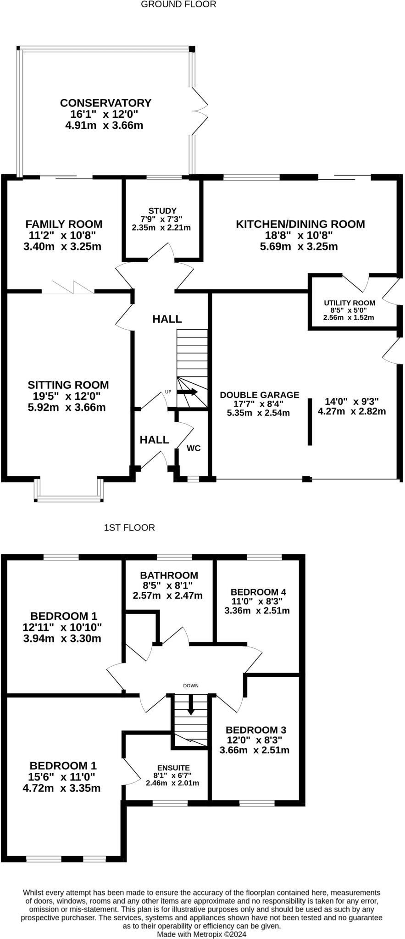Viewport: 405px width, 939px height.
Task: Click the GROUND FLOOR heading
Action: click(x=178, y=5)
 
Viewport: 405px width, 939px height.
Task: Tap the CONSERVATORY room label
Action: click(x=105, y=103)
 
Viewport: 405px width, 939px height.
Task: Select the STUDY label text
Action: click(x=162, y=211)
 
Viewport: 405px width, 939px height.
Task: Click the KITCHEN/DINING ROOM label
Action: click(x=300, y=224)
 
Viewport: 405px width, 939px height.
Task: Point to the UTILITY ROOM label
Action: click(x=350, y=303)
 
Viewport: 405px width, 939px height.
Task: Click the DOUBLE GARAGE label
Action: click(x=260, y=395)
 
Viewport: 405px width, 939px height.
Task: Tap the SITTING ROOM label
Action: click(x=68, y=385)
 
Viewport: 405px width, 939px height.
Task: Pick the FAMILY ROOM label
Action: click(x=64, y=224)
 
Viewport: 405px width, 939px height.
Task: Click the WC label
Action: click(x=194, y=448)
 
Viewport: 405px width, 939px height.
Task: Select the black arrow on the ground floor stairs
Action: click(x=187, y=392)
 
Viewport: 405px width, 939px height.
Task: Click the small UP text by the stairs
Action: click(x=168, y=392)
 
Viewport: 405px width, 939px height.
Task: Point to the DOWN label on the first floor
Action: click(x=191, y=686)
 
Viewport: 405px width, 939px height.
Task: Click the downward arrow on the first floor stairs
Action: click(x=190, y=705)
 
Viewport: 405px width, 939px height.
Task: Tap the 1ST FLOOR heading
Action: click(x=129, y=528)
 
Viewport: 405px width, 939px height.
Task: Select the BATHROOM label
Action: click(x=169, y=575)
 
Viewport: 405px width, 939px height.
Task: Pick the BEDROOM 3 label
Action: click(x=256, y=730)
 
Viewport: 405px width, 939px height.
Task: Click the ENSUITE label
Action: click(x=173, y=768)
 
